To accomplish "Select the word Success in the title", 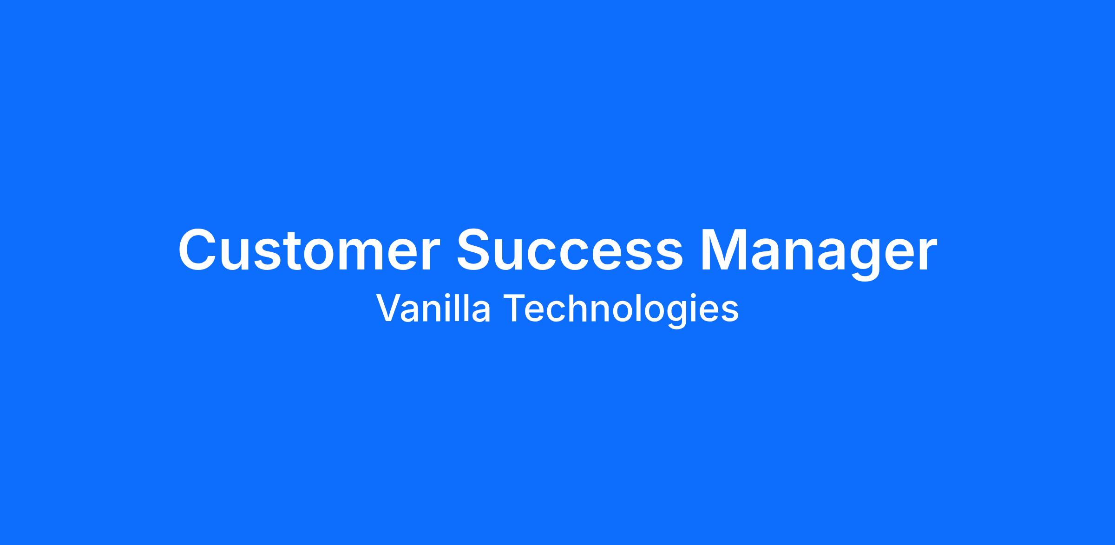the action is pos(570,250).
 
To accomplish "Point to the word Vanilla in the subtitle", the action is pos(433,308).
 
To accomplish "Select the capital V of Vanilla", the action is pos(389,308).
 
